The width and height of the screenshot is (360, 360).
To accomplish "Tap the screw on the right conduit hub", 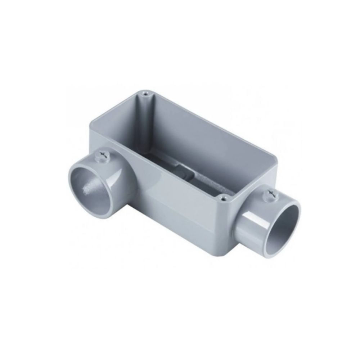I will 269,194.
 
